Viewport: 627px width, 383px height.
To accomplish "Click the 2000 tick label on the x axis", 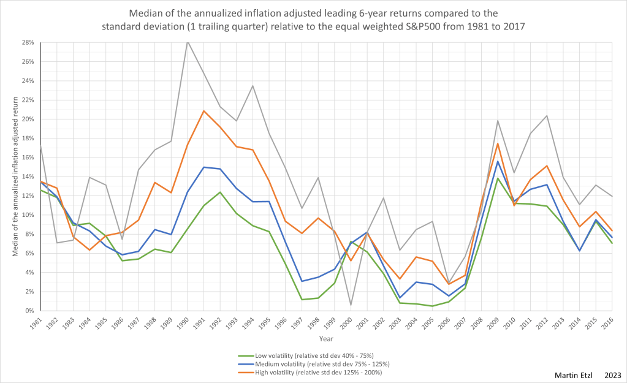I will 346,323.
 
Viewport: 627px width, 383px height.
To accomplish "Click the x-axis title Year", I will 327,338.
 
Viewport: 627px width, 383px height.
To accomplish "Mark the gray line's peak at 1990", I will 187,40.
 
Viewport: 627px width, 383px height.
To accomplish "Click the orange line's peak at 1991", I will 203,111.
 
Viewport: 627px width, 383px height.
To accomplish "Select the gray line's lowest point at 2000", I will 350,305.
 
